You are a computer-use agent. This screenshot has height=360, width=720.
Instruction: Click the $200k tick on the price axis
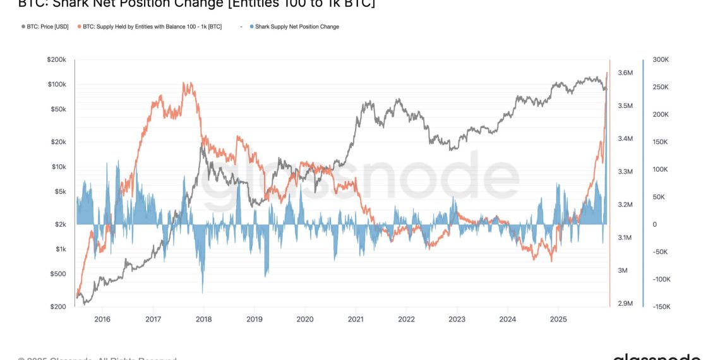[x=57, y=59]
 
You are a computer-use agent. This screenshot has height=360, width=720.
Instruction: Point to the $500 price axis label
[x=58, y=274]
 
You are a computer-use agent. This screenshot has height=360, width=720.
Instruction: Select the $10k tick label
[x=57, y=167]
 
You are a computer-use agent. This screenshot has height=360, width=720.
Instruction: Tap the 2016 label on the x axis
[x=102, y=319]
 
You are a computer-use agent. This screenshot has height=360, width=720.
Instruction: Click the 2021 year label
[x=356, y=319]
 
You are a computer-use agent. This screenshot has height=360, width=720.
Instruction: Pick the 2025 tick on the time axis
[x=558, y=319]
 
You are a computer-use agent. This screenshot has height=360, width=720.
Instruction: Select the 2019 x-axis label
[x=254, y=319]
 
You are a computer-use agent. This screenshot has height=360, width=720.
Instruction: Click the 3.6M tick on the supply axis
[x=625, y=73]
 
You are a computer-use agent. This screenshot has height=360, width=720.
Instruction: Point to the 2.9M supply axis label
[x=625, y=304]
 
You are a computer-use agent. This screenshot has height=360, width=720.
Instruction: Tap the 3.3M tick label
[x=625, y=172]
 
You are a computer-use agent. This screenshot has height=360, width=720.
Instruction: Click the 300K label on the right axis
[x=661, y=59]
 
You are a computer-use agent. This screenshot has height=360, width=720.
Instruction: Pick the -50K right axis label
[x=660, y=252]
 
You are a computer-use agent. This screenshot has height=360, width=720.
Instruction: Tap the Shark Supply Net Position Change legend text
[x=297, y=27]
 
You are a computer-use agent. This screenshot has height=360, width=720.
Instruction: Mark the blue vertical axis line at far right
[x=643, y=183]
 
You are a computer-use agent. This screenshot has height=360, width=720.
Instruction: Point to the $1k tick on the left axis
[x=59, y=249]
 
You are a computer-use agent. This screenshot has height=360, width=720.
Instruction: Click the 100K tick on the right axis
[x=661, y=169]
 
